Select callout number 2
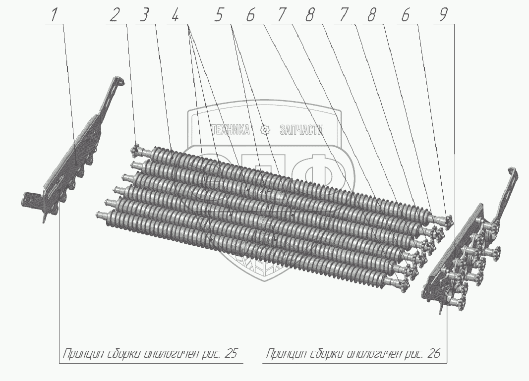click(x=115, y=15)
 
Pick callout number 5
click(x=219, y=15)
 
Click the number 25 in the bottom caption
click(x=231, y=354)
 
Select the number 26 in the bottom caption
click(x=434, y=354)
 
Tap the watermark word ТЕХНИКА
click(x=231, y=130)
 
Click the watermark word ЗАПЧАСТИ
click(x=301, y=130)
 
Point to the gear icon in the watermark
click(x=265, y=130)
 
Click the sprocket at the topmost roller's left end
click(x=137, y=150)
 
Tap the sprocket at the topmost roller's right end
click(x=449, y=221)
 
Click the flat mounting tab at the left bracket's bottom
click(x=32, y=200)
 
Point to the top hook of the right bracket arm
click(x=512, y=171)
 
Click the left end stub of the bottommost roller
click(x=101, y=214)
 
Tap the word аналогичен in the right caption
click(x=376, y=354)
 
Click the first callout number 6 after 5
click(x=250, y=15)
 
